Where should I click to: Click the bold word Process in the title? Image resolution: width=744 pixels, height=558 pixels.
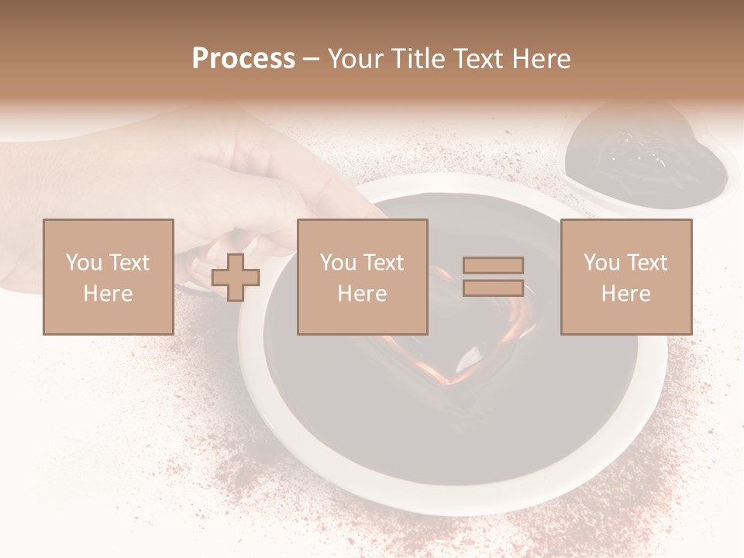coord(243,59)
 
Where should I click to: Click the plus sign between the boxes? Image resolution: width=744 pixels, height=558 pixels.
coord(236,277)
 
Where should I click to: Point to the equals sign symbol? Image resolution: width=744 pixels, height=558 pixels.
coord(493,277)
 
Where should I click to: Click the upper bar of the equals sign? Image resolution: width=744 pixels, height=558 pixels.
coord(493,266)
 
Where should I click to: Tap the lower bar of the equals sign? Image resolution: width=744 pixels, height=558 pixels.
coord(493,288)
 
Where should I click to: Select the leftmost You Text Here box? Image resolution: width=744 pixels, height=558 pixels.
coord(108,277)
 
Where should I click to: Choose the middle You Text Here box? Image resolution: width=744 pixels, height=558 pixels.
coord(362,277)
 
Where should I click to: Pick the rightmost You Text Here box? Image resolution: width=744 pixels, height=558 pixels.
coord(625,277)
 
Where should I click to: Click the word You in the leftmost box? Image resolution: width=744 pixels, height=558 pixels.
coord(82,262)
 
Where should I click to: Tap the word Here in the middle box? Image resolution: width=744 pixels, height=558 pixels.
coord(362,294)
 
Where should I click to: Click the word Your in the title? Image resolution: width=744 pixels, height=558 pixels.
coord(355,59)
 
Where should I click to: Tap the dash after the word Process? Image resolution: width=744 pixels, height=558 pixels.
coord(312,59)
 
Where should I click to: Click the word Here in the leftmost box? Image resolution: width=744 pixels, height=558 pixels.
coord(108,294)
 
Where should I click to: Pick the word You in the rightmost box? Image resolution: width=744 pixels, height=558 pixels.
coord(601,262)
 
